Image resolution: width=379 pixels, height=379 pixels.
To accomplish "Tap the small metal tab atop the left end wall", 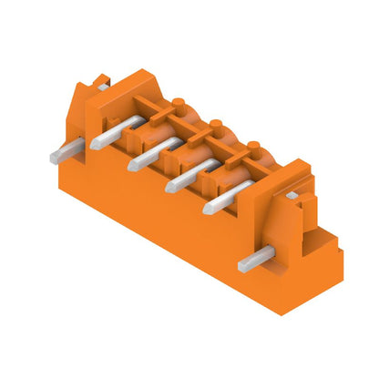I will pos(104,85).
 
